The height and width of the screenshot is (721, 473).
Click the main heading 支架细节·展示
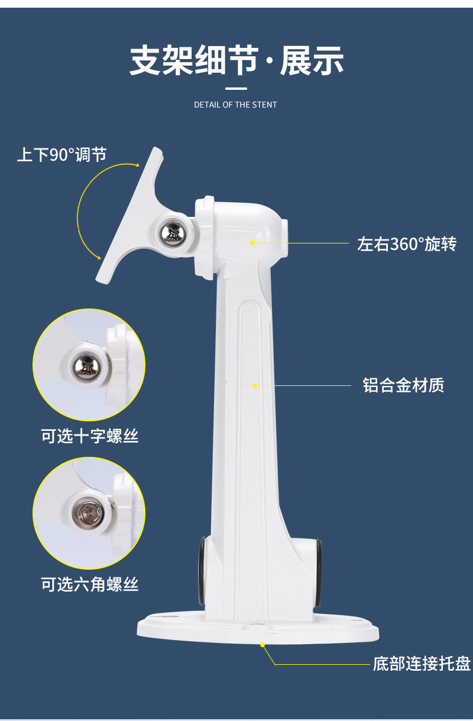[x=237, y=60]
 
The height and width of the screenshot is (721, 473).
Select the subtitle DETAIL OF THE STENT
[x=235, y=105]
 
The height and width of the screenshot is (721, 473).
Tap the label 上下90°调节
[x=62, y=154]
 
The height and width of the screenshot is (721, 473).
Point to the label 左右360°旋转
[x=407, y=243]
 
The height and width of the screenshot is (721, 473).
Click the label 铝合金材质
[x=403, y=385]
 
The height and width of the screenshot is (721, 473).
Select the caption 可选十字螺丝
[x=89, y=436]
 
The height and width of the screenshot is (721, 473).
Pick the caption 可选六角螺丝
[x=89, y=584]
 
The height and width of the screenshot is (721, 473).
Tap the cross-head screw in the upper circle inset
[x=85, y=366]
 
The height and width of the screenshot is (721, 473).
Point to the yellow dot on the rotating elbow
[x=253, y=243]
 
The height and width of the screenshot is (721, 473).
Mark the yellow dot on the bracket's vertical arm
[x=255, y=385]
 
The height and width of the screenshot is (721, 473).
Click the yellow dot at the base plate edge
[x=263, y=644]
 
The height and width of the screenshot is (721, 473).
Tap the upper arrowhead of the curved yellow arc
[x=138, y=165]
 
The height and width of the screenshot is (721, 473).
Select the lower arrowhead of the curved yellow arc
[x=99, y=258]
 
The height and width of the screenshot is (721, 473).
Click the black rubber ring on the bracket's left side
[x=202, y=571]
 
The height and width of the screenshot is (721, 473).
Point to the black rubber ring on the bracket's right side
[x=318, y=574]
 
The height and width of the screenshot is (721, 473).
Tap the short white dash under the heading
[x=236, y=89]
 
